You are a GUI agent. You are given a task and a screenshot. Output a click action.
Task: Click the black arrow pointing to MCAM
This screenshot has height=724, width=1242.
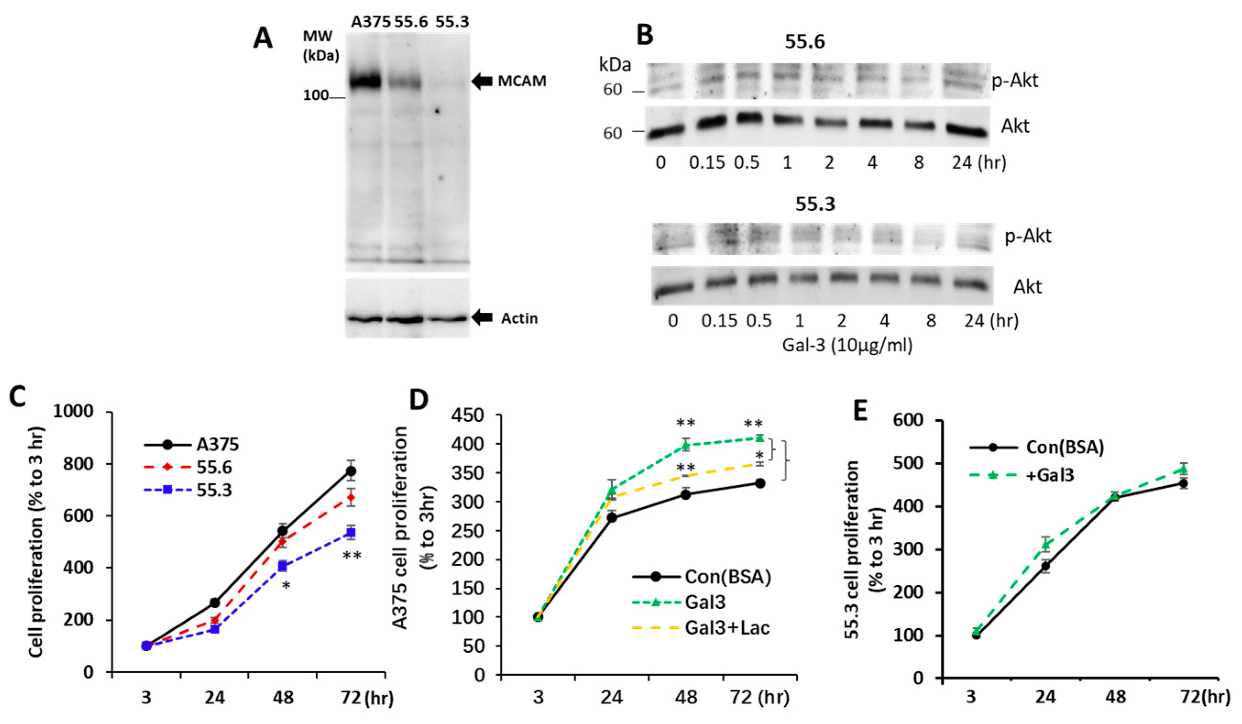tap(482, 81)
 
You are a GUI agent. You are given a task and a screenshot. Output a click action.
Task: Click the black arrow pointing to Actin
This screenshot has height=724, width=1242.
tap(482, 318)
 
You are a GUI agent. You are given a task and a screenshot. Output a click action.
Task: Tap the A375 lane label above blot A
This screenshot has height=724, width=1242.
tap(371, 22)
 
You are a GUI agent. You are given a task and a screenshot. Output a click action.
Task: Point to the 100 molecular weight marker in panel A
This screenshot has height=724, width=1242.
tap(316, 96)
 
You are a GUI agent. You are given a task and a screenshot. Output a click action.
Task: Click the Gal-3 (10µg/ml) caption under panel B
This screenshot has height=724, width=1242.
tap(847, 345)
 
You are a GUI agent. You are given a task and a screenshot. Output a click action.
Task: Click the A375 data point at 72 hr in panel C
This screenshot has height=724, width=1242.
tap(350, 471)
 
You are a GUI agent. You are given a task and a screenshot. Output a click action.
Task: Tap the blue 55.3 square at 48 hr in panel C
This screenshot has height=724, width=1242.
tap(282, 566)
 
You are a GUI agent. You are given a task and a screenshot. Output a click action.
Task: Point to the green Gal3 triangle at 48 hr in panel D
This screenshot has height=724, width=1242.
tap(685, 446)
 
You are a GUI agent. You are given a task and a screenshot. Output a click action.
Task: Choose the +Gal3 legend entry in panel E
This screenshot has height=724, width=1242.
tap(1050, 475)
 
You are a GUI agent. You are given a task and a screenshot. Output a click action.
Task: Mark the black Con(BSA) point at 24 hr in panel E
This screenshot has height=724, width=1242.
tap(1045, 566)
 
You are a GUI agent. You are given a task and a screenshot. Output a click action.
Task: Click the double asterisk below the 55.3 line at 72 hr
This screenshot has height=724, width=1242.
tap(352, 555)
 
